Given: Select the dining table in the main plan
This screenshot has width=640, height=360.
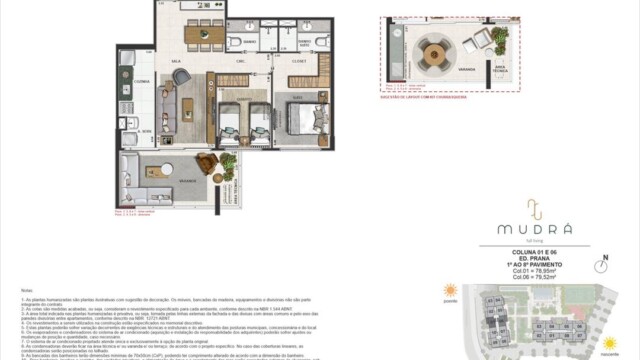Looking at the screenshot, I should click(x=205, y=35).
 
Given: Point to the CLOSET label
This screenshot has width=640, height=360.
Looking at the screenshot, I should click(x=298, y=61).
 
